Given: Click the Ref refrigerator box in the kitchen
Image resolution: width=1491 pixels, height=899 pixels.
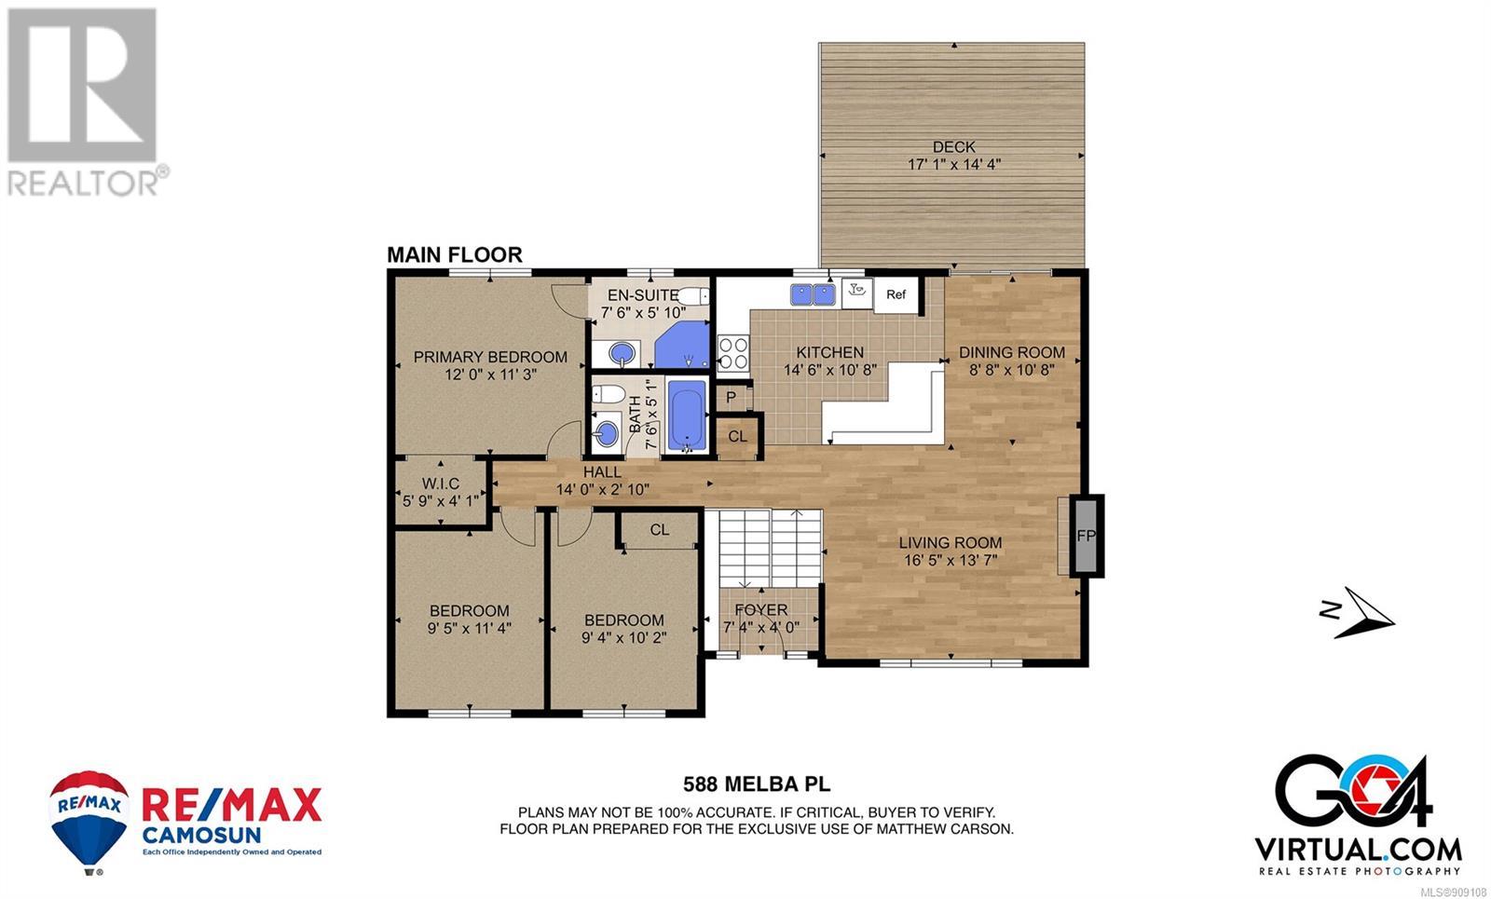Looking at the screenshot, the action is [896, 294].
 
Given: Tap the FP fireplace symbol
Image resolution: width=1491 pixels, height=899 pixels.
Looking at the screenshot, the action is [1086, 536].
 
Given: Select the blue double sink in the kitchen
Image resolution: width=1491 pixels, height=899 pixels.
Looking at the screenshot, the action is [813, 294].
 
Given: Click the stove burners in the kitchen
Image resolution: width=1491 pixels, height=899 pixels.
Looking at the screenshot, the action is [732, 353].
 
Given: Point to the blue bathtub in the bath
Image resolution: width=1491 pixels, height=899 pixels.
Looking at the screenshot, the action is [686, 415].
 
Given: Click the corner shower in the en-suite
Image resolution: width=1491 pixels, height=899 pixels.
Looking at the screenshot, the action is [682, 345].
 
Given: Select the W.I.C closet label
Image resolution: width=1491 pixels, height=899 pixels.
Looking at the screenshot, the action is [441, 484].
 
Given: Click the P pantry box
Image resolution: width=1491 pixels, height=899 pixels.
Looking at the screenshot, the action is [732, 398].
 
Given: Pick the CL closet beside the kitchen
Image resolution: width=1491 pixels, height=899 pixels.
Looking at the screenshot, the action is [737, 436].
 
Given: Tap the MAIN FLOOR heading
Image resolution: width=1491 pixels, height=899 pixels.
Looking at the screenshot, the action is [455, 255].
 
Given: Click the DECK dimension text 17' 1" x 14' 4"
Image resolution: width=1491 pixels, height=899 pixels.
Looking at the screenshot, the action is [954, 164].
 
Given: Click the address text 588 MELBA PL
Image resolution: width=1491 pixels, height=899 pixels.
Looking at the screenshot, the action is [757, 784].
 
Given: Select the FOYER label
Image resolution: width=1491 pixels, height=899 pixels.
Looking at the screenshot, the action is [760, 609].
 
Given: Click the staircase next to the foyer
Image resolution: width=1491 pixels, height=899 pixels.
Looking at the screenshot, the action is [770, 549].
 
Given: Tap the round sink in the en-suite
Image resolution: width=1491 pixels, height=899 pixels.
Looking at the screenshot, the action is [622, 352].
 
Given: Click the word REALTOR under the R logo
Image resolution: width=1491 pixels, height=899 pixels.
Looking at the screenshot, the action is [83, 183].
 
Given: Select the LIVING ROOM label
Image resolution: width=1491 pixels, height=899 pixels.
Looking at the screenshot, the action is [950, 543].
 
